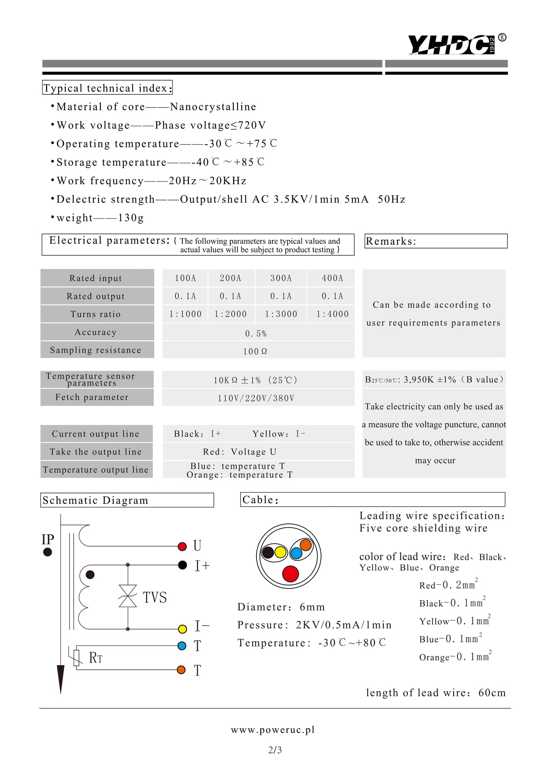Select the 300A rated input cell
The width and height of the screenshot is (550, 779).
(x=281, y=278)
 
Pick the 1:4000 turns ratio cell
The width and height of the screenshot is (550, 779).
(x=332, y=314)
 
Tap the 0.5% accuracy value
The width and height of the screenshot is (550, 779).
(x=256, y=334)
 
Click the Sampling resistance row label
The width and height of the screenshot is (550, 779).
(x=95, y=350)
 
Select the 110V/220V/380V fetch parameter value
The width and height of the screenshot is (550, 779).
(x=256, y=398)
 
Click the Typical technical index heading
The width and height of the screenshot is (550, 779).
(x=107, y=88)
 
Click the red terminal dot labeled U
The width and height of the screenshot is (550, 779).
(x=182, y=546)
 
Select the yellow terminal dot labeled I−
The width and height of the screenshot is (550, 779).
(x=182, y=629)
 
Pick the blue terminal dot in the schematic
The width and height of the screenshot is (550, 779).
(x=182, y=645)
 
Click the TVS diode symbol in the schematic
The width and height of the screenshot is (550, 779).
(x=128, y=596)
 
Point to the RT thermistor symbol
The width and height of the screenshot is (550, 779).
(x=77, y=658)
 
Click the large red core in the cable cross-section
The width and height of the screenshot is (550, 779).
(x=290, y=574)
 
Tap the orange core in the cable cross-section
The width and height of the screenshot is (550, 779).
(x=306, y=545)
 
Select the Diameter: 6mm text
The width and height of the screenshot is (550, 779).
(x=281, y=607)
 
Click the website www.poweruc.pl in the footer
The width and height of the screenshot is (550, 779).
(x=273, y=730)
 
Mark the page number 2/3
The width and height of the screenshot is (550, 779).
(x=275, y=750)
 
